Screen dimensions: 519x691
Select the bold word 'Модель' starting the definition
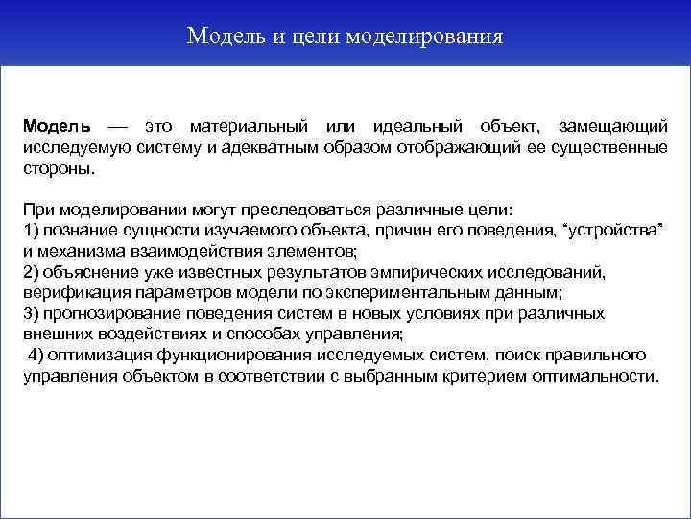click(58, 127)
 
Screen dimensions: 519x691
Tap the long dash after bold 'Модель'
click(117, 127)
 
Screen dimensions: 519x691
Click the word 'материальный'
click(248, 127)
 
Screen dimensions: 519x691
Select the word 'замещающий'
click(612, 127)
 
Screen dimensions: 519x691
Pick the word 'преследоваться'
click(284, 209)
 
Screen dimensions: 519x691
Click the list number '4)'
click(36, 355)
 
